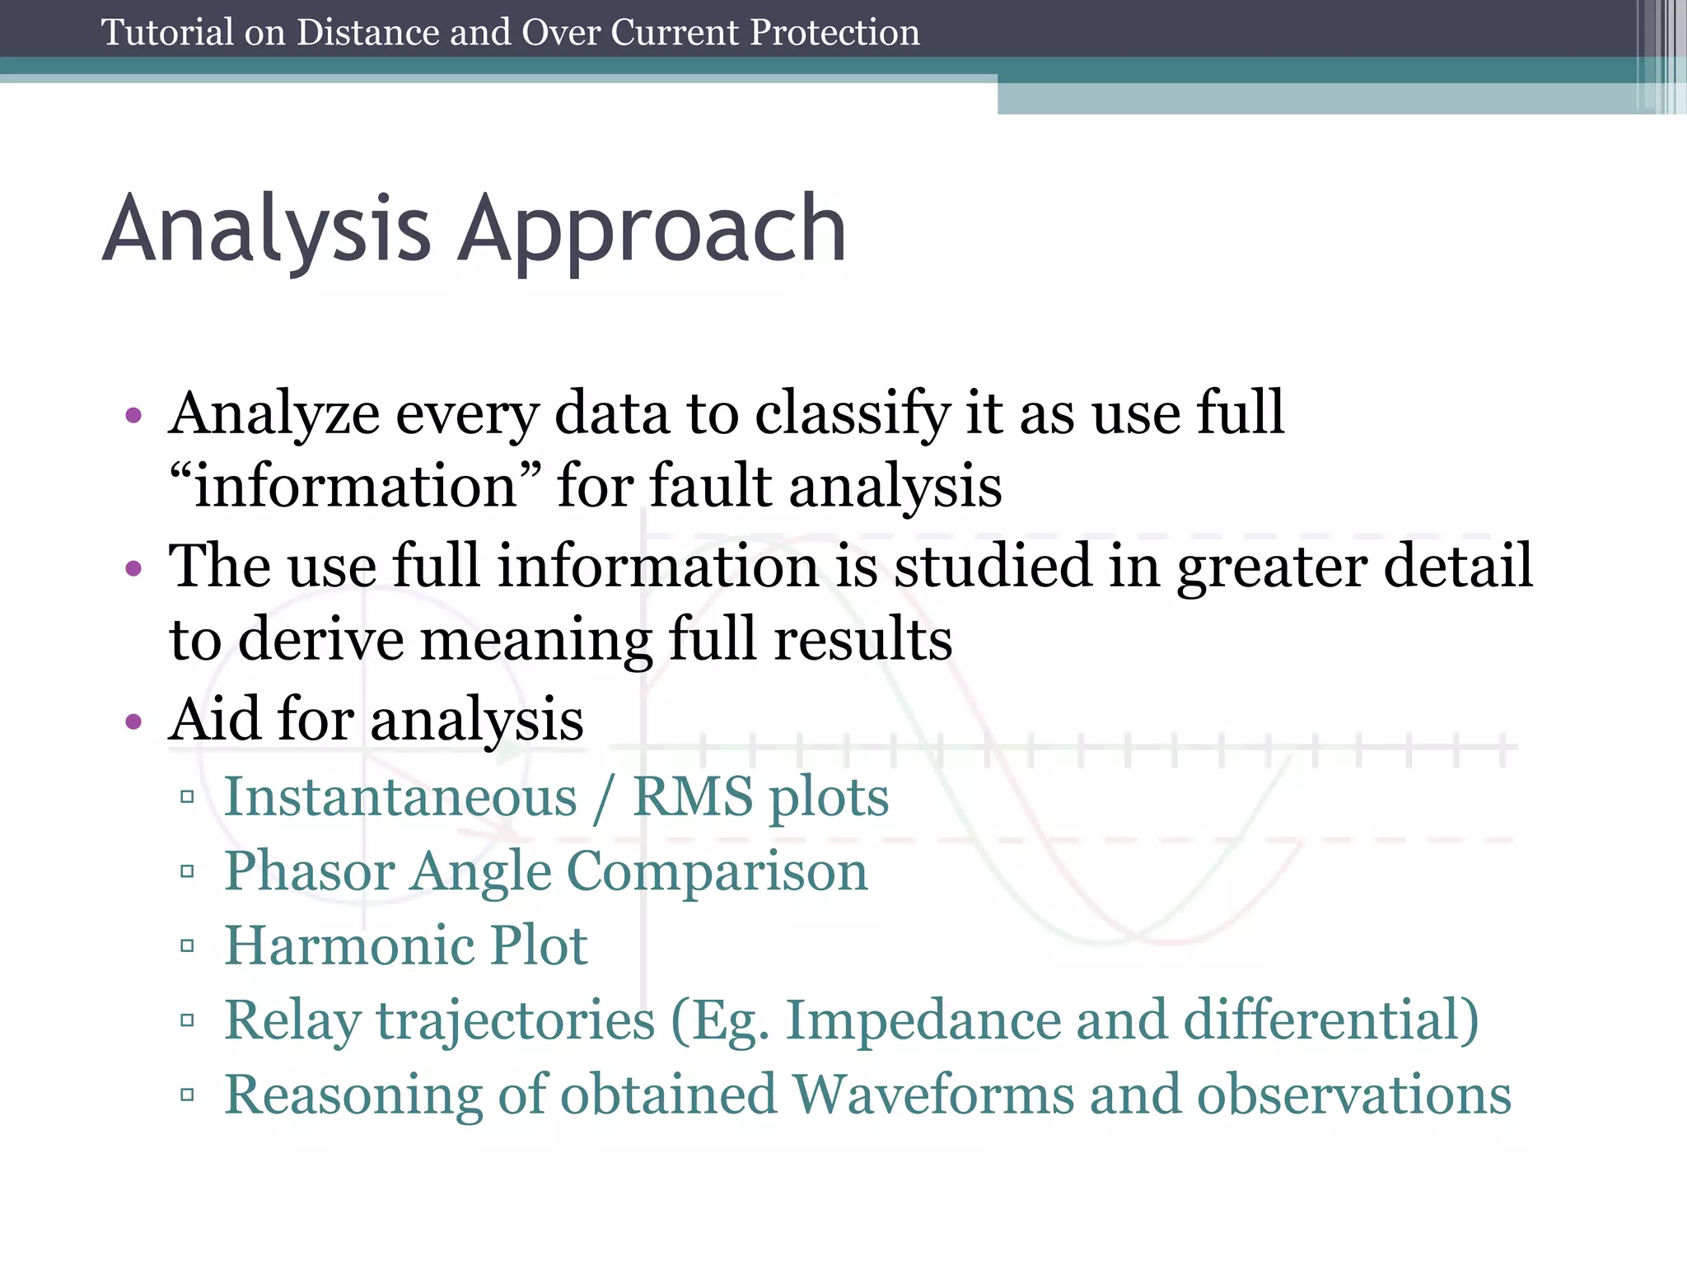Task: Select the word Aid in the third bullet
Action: tap(213, 719)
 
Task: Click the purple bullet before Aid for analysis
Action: tap(133, 722)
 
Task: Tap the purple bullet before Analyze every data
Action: tap(133, 415)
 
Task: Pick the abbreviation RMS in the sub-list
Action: tap(692, 797)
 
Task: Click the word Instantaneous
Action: tap(400, 797)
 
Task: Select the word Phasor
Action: tap(309, 871)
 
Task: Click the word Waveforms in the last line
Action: tap(932, 1095)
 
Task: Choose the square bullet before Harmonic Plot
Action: tap(187, 946)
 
